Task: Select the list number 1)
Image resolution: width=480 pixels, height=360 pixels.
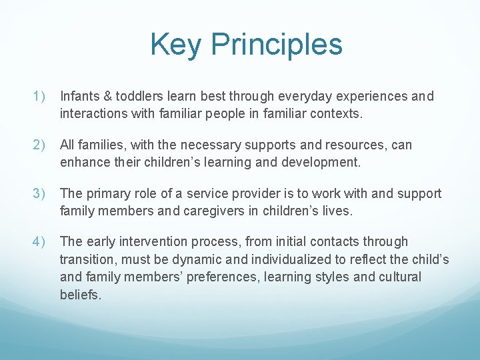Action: point(39,97)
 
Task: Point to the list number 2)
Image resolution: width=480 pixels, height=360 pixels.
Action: point(39,145)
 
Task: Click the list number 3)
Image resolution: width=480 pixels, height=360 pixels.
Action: point(39,194)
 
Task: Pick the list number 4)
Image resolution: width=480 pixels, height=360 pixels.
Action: point(39,242)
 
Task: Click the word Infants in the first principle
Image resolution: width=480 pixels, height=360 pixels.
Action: point(79,97)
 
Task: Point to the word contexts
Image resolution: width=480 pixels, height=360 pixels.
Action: point(333,114)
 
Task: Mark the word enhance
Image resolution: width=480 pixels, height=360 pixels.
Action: point(84,162)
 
